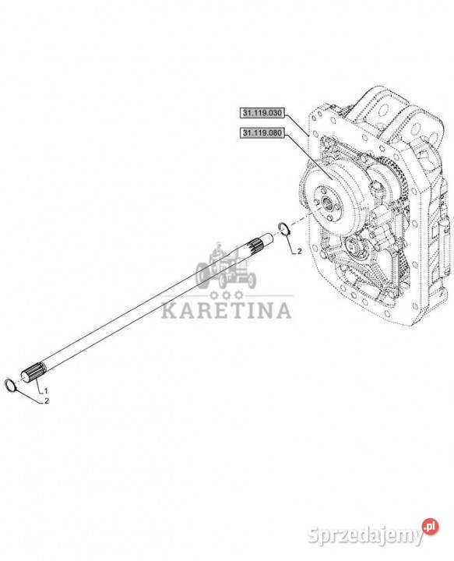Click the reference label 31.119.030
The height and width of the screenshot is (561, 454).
point(262,113)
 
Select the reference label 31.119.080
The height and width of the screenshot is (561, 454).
point(262,133)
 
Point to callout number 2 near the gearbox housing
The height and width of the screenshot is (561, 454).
point(299,252)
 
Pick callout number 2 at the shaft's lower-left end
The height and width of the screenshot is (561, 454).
point(47,401)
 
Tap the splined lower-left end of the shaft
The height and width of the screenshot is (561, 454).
point(34,372)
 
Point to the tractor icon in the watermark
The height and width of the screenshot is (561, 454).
point(226,266)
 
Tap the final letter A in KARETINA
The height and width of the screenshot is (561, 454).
point(283,311)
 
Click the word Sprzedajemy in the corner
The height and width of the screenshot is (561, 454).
point(364,535)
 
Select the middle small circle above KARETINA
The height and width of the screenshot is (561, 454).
point(226,295)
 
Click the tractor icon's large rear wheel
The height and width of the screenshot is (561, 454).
point(204,275)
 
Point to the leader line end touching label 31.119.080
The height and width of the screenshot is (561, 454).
point(283,134)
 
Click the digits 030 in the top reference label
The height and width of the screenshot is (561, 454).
point(276,113)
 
